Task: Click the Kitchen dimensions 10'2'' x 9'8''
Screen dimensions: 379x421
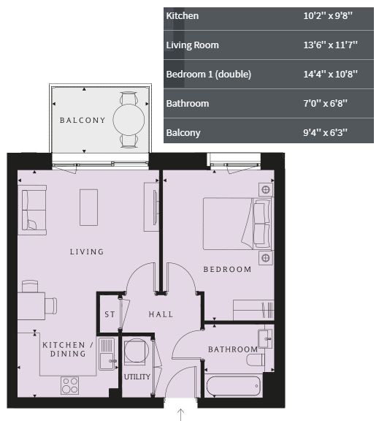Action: (x=327, y=16)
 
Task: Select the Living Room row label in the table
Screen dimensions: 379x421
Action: (x=192, y=45)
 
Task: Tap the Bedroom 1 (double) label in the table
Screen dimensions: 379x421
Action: (x=208, y=74)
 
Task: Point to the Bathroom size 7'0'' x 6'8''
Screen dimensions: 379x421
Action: (x=325, y=103)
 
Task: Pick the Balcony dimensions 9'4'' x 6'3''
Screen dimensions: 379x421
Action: (x=325, y=132)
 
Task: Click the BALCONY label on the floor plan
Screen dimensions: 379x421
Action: (x=83, y=121)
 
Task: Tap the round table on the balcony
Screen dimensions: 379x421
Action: (x=129, y=120)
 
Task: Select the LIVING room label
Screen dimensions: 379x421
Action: (x=87, y=252)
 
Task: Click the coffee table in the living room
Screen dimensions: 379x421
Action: (x=88, y=208)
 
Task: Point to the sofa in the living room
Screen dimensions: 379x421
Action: (x=32, y=210)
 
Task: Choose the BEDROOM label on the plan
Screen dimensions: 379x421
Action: (x=227, y=269)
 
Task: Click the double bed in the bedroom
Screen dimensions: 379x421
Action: (x=238, y=224)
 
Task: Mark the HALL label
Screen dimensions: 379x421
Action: (x=161, y=314)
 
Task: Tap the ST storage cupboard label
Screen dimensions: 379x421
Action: (x=110, y=314)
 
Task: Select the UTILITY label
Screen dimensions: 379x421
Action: (x=137, y=377)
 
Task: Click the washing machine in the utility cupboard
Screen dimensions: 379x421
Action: (x=137, y=351)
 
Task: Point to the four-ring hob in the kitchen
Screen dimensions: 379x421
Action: (x=69, y=386)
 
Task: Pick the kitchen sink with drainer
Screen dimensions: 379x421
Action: (x=107, y=354)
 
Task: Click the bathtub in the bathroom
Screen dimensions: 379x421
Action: (x=234, y=386)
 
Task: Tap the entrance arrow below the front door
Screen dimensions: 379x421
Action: (x=181, y=414)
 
